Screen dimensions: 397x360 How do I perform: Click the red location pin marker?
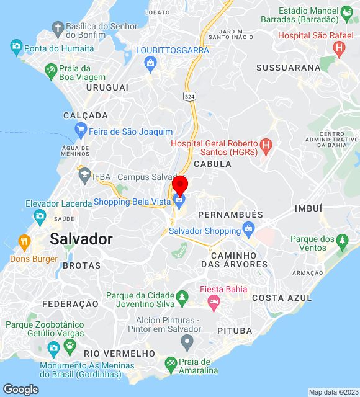(180, 185)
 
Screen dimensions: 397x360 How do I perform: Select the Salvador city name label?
(81, 239)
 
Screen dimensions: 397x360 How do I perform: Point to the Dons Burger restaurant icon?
(24, 241)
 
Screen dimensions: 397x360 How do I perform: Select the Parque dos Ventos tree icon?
(342, 239)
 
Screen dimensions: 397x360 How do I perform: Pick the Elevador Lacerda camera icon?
(40, 216)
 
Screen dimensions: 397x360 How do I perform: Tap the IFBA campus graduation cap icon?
(84, 176)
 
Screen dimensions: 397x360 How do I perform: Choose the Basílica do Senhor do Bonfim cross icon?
(58, 29)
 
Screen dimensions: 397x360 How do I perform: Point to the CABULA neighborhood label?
(212, 164)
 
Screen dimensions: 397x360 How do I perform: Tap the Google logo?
(20, 389)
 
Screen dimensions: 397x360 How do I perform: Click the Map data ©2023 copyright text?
(333, 392)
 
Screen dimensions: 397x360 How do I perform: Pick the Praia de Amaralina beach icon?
(170, 364)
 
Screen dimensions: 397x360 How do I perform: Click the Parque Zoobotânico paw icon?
(70, 344)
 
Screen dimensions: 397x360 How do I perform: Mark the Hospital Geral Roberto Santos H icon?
(266, 147)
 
